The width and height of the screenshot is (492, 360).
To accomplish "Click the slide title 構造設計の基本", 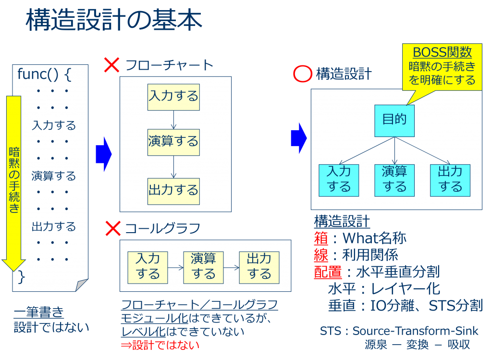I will click(x=113, y=21).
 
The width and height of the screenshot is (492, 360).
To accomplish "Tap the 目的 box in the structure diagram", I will click(x=394, y=120).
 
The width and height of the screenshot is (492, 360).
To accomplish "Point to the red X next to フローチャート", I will click(x=112, y=65).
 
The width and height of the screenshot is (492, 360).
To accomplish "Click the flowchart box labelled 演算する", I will click(x=173, y=142).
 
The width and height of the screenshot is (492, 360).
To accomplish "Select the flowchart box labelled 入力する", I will click(x=173, y=97).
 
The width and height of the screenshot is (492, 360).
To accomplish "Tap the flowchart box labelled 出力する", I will click(x=173, y=191).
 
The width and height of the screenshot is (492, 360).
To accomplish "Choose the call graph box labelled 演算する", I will click(x=204, y=267).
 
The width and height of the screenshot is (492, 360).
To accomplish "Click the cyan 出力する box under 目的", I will click(x=450, y=180).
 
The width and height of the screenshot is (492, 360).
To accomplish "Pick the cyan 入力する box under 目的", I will click(x=339, y=180).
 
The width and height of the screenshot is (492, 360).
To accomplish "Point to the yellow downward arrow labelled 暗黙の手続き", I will click(x=13, y=183).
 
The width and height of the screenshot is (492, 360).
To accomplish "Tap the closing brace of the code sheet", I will click(x=21, y=277).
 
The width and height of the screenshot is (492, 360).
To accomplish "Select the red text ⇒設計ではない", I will click(x=160, y=345).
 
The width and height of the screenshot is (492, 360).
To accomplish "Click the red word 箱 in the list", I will click(x=321, y=238).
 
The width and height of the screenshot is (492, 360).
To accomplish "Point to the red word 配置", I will click(x=328, y=272).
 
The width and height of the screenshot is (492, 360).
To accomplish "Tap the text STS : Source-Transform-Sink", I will click(x=399, y=331).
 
